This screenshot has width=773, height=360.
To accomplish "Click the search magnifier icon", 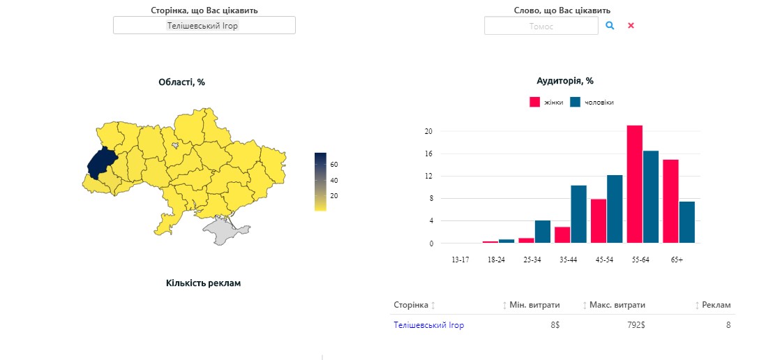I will tap(610, 25).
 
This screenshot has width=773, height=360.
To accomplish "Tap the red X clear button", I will tap(631, 25).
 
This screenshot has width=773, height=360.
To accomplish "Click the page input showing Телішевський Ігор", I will tap(204, 25).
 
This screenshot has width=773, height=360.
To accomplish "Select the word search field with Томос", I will tap(541, 26).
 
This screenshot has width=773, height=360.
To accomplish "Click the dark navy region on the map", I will tap(100, 163).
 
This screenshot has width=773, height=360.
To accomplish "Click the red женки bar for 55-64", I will tap(634, 184).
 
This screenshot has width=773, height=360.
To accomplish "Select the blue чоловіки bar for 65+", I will tap(687, 222).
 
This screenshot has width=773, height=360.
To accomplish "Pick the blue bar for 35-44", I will tap(578, 214).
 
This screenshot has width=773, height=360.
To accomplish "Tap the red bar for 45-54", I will tap(598, 220).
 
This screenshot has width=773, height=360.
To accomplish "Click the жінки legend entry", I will tap(548, 103).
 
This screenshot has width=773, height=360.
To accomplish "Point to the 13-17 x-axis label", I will tap(460, 260).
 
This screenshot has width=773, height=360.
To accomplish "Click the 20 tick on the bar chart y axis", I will tap(429, 131).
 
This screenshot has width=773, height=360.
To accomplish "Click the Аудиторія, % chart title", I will tap(565, 81).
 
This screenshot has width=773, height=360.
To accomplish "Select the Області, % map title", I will tap(182, 82).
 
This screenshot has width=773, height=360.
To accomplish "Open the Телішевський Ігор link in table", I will tap(428, 325).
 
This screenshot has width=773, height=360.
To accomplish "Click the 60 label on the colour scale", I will tap(334, 165).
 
